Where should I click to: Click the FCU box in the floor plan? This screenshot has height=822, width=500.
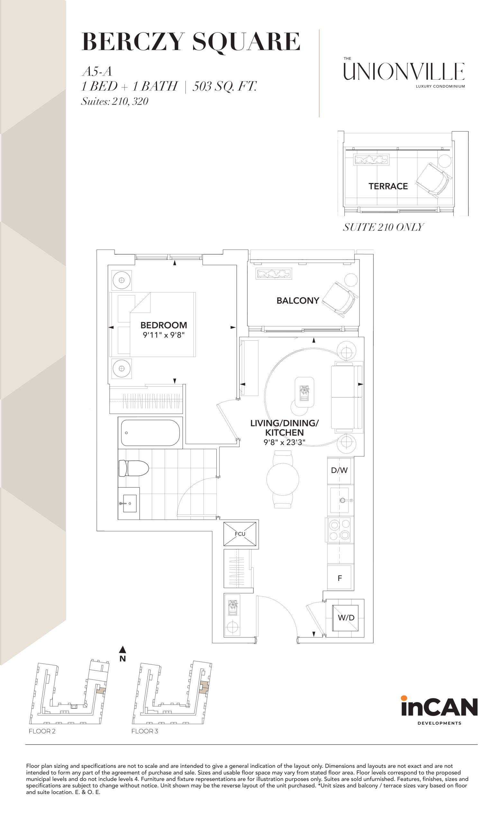(240, 533)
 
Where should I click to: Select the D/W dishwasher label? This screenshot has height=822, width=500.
(339, 470)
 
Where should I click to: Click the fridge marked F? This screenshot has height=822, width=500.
(339, 578)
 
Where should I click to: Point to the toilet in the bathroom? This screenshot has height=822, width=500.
(133, 468)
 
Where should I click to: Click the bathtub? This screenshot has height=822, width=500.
(150, 433)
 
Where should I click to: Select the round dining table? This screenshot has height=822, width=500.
(283, 479)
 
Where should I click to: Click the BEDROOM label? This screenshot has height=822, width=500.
(164, 325)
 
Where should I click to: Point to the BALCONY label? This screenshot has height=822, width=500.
(298, 301)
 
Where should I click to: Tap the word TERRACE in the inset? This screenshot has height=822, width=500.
(388, 186)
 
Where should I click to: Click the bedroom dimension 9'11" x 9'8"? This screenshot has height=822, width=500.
(164, 335)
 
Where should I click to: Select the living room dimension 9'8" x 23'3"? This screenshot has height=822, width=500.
(284, 442)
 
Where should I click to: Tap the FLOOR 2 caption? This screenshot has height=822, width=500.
(42, 731)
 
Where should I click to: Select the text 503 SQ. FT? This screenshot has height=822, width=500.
(224, 86)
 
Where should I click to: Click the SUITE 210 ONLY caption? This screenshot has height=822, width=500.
(383, 227)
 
